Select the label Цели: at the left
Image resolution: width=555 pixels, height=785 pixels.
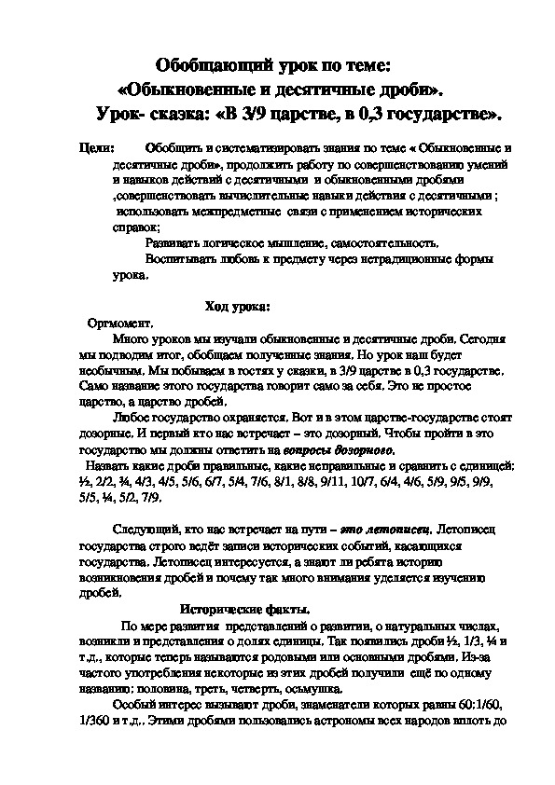(98, 148)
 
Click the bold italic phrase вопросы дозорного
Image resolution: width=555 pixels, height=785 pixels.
(340, 449)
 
